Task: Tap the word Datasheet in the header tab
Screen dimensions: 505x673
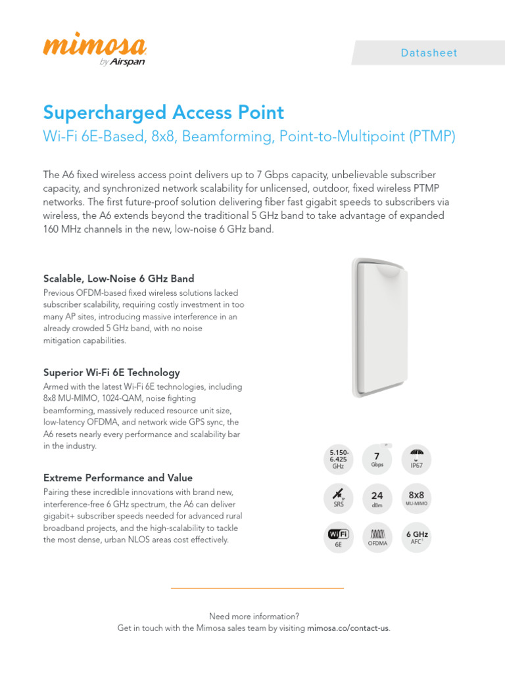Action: tap(429, 53)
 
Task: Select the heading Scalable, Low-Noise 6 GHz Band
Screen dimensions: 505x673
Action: tap(118, 278)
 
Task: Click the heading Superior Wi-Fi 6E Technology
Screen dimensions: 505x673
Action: tap(111, 373)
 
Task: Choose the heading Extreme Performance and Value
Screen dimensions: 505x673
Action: tap(118, 478)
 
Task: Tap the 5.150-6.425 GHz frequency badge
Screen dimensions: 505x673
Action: tap(339, 459)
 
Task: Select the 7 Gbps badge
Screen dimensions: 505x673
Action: tap(377, 458)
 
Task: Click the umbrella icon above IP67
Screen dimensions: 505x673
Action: tap(416, 453)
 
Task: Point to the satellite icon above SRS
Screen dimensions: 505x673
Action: tap(339, 493)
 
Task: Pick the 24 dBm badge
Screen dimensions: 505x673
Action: tap(377, 498)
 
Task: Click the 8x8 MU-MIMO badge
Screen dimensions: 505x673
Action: tap(416, 498)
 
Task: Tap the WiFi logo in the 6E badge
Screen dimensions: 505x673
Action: tap(339, 533)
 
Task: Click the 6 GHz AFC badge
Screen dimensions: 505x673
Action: tap(416, 537)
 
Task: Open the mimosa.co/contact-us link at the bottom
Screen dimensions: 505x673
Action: tap(348, 628)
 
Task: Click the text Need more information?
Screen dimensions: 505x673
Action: tap(254, 616)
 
